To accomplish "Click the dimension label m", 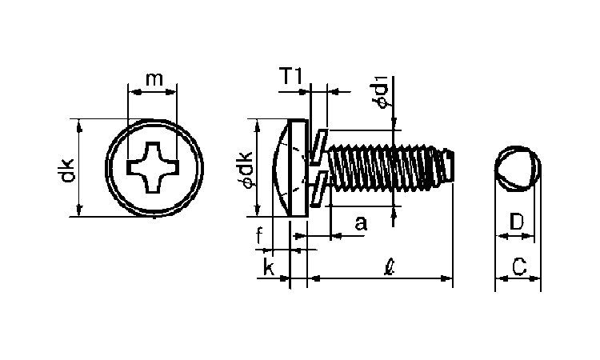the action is (x=154, y=79).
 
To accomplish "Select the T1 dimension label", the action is (x=291, y=76).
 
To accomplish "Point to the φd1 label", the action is (x=380, y=92).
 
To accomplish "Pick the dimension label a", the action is (x=361, y=222).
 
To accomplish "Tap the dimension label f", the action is (x=259, y=235).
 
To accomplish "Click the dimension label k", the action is (x=269, y=266).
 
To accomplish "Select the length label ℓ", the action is (x=390, y=266).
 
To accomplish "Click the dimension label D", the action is (x=517, y=222).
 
